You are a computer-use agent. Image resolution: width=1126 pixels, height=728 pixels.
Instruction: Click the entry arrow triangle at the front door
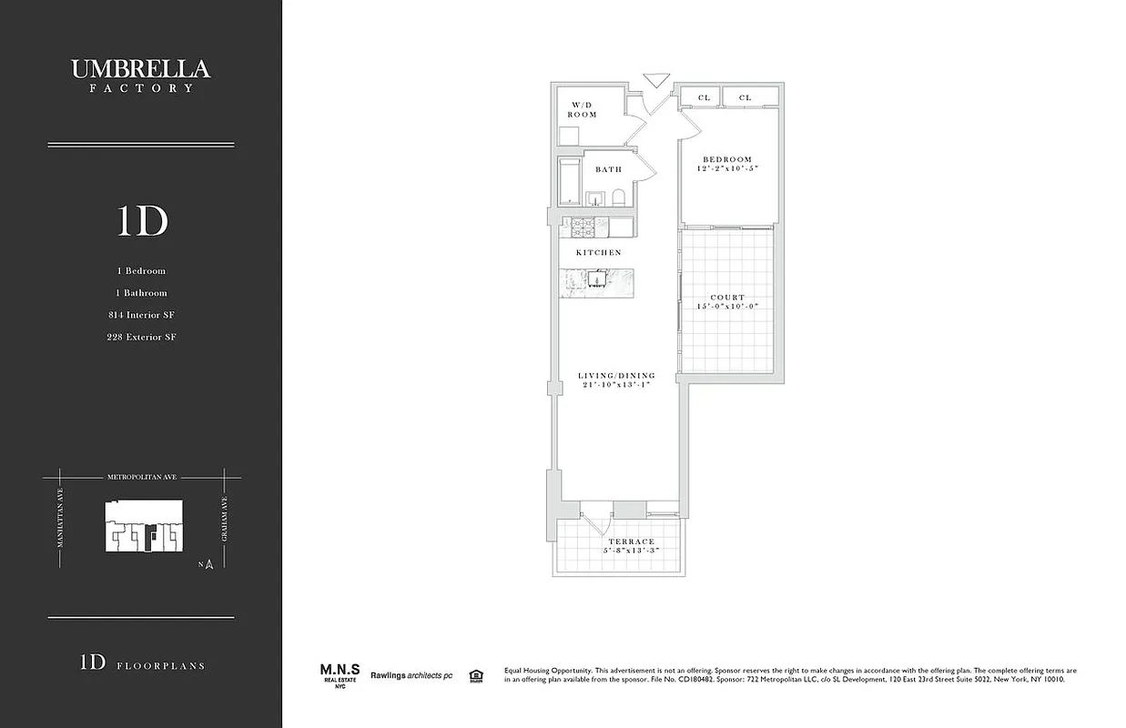coord(654,80)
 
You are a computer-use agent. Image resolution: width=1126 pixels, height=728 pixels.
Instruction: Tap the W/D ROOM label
coord(583,109)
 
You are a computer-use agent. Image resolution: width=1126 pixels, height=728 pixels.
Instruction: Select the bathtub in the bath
coord(571,182)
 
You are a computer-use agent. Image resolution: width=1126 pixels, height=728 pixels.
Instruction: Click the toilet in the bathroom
coord(618,197)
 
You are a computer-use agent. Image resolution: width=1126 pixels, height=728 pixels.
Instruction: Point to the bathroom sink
coord(596,198)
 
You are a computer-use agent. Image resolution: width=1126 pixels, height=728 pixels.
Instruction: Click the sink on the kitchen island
coord(596,279)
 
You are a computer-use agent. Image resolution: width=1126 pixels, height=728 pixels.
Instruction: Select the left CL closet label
coord(704,97)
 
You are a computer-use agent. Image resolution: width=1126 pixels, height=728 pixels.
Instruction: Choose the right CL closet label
coord(746,97)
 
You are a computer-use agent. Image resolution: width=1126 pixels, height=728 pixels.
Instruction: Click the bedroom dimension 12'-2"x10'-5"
coord(728,169)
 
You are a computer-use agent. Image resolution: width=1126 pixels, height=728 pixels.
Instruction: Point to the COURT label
coord(727,298)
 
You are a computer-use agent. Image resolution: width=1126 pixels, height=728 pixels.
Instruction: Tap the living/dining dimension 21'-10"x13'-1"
coord(616,386)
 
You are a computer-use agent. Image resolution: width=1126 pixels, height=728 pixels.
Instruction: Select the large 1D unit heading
coord(142,221)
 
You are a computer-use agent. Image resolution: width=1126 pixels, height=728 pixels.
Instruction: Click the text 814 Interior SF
coord(141,315)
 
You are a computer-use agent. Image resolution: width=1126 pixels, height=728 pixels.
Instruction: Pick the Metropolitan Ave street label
coord(141,476)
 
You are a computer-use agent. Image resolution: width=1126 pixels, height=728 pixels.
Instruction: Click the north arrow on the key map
coord(208,564)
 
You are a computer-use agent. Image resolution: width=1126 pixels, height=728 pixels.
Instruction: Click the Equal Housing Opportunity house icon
coord(474,675)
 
